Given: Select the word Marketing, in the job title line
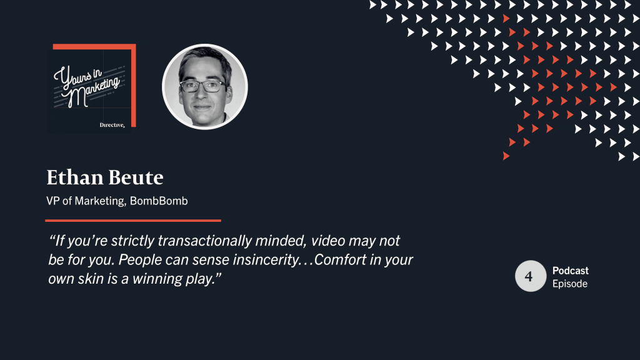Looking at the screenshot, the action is point(101,201).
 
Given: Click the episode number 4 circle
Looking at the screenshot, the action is point(531,276).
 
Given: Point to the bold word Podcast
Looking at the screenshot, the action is point(571,271).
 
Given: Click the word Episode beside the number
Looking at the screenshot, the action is point(570,284).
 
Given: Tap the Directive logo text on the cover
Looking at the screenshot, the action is point(112,125).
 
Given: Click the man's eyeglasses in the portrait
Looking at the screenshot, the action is point(202,86).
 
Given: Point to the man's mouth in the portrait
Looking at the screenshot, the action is point(202,107).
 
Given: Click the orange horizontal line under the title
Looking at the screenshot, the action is point(133,221).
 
